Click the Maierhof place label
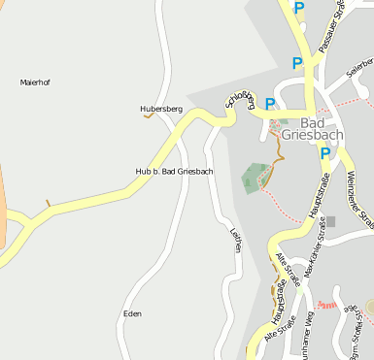click(x=35, y=82)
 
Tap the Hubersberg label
click(x=160, y=109)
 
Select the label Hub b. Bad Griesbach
click(x=174, y=171)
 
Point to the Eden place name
click(x=132, y=313)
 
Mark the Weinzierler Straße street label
click(x=358, y=199)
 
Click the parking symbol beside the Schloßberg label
click(x=270, y=105)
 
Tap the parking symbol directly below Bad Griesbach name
click(x=325, y=153)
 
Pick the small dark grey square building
click(x=330, y=221)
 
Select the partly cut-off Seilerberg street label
click(x=360, y=67)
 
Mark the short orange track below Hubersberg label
click(x=149, y=118)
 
